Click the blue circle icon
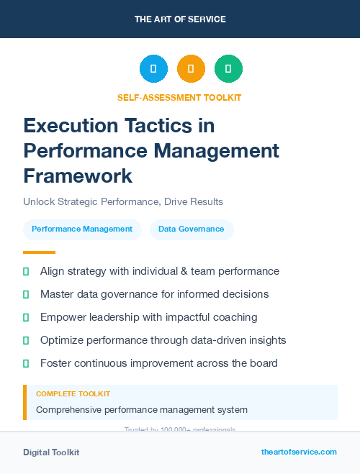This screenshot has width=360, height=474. [153, 68]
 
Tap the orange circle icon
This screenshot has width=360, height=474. [191, 68]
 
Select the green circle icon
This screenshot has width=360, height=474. [228, 68]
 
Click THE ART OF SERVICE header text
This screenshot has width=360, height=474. [180, 19]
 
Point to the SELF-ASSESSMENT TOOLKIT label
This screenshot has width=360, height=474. [179, 97]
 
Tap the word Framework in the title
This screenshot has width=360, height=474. [78, 176]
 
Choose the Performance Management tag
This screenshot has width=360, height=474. [82, 229]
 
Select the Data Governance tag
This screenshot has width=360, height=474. [192, 229]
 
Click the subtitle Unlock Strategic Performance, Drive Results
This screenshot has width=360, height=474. [122, 201]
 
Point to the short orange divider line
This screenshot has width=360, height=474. [39, 252]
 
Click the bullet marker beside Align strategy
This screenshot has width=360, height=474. [26, 272]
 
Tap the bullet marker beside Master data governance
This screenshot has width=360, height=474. [26, 294]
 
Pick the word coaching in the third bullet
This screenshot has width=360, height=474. [236, 317]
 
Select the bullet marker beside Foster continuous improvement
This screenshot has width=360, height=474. [26, 363]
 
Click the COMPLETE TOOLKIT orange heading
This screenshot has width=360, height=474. [73, 394]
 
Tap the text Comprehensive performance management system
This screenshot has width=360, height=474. [142, 410]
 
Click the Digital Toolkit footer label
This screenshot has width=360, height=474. [51, 452]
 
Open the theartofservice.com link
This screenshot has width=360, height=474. [299, 452]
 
